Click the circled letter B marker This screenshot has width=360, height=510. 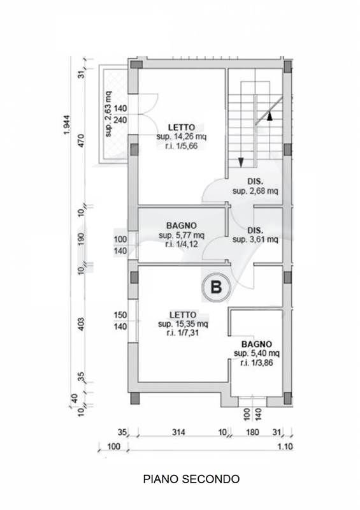[x=216, y=288]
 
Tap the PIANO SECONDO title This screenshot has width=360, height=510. [x=191, y=479]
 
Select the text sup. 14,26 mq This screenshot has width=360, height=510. [x=182, y=136]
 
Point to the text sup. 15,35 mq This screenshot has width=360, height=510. [x=183, y=324]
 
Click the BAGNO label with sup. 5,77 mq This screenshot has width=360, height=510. [x=182, y=226]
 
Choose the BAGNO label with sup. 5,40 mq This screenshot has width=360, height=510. [x=257, y=344]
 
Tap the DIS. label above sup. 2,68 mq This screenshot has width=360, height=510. [x=256, y=182]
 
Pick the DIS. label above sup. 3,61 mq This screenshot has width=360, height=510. [x=256, y=231]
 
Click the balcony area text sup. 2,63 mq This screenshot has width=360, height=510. [x=108, y=114]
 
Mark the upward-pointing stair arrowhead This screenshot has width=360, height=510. [x=270, y=116]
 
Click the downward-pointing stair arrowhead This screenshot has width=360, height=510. [x=241, y=163]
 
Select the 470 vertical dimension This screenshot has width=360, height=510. [x=81, y=140]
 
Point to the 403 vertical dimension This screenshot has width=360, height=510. [x=81, y=324]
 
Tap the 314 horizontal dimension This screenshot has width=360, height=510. [x=178, y=432]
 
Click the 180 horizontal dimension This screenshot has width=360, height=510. [x=252, y=432]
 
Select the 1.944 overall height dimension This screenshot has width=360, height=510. [x=67, y=124]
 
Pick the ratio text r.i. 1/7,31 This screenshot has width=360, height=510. [x=183, y=333]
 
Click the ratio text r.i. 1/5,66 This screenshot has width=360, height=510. [x=182, y=146]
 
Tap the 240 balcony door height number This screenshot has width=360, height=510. [x=120, y=120]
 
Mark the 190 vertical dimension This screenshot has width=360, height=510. [x=81, y=238]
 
